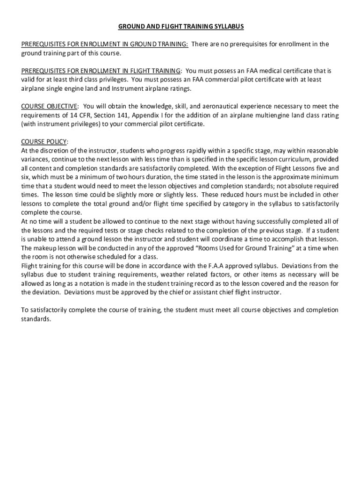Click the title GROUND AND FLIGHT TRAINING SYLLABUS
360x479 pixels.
pos(180,27)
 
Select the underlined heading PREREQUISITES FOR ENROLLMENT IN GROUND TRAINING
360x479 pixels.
pos(105,44)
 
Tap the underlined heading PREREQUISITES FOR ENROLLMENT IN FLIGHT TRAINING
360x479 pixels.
pos(101,71)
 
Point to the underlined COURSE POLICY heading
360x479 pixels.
pos(45,142)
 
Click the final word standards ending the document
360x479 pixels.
pos(36,319)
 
